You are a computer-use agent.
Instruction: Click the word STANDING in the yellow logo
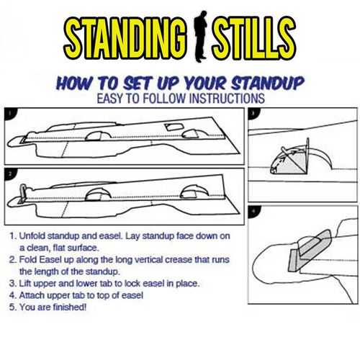tap(125, 38)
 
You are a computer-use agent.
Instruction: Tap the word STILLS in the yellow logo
tap(253, 38)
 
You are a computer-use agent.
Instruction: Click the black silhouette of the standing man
tap(199, 36)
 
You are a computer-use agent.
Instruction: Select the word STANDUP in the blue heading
tap(268, 84)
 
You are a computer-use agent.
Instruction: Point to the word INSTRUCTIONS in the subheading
tap(227, 99)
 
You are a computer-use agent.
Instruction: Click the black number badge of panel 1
tap(9, 112)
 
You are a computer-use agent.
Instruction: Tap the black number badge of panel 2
tap(9, 173)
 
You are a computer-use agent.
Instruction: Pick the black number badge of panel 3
tap(252, 112)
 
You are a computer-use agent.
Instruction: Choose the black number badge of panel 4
tap(253, 211)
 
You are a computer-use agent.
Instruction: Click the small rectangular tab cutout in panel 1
tap(174, 127)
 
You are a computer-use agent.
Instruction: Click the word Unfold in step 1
tap(32, 236)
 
